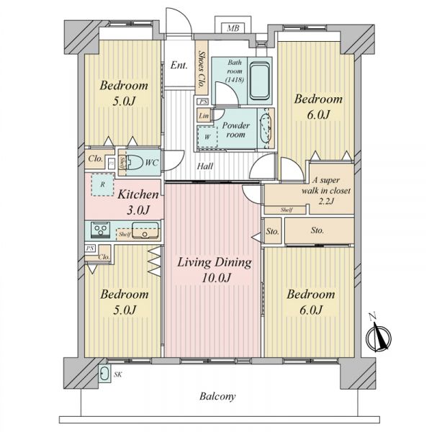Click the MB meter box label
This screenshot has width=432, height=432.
coord(233,28)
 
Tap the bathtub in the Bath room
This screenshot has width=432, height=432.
coord(259,81)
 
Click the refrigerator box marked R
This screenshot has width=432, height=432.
coord(102,184)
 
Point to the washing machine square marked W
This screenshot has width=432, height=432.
coord(207,137)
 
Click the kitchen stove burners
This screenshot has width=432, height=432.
coord(101,228)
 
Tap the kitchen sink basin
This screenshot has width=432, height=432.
coord(145,230)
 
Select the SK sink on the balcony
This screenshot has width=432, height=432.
coord(104,374)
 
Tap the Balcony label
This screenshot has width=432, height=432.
coord(217,397)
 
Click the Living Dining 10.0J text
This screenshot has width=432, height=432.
coord(215,270)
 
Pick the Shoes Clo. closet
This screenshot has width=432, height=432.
coord(202,68)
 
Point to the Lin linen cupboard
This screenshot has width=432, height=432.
coord(204,115)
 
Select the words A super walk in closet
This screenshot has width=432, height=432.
coord(326,186)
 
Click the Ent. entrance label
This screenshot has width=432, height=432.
coord(179,66)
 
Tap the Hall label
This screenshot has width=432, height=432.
coord(205,166)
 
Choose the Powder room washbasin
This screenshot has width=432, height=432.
coord(266,128)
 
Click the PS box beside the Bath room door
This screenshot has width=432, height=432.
coord(203,102)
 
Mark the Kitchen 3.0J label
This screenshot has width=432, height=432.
coord(138,202)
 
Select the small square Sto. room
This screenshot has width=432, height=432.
coord(272,231)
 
